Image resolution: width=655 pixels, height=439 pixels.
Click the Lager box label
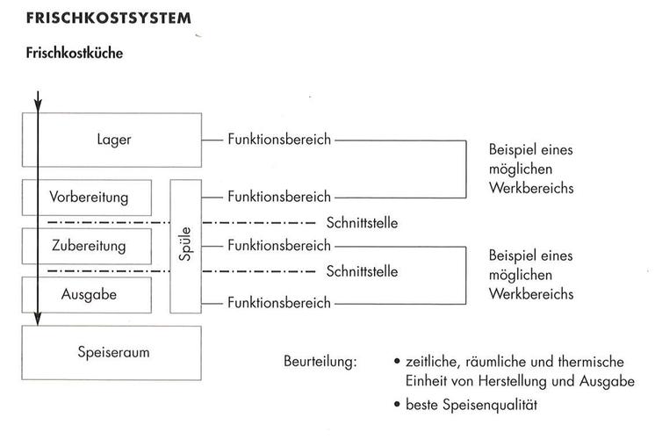(x=115, y=139)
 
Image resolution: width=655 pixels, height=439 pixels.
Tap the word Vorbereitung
(x=87, y=195)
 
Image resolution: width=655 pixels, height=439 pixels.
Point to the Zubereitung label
(x=88, y=245)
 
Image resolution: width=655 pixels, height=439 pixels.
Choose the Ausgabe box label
(x=89, y=294)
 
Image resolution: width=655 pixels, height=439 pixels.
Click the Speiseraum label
(x=115, y=353)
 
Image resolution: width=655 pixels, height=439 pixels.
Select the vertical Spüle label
(x=185, y=246)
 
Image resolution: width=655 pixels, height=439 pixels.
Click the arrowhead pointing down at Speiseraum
(x=38, y=320)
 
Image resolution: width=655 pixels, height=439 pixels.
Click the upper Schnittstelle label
(x=361, y=222)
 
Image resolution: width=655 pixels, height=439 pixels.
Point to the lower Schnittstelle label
(x=361, y=271)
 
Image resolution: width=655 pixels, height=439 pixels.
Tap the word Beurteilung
(x=320, y=362)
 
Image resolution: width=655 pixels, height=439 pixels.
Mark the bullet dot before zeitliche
(x=398, y=362)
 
